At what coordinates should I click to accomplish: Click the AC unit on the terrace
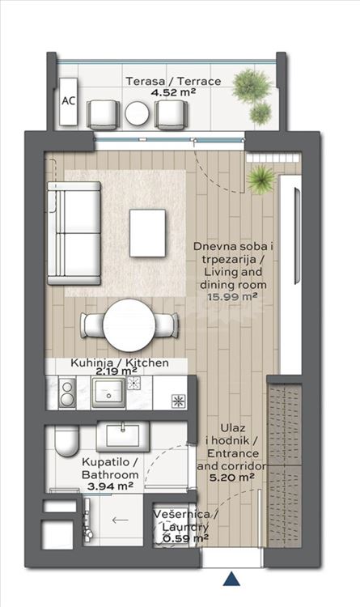click(x=69, y=101)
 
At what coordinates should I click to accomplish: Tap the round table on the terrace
click(x=137, y=113)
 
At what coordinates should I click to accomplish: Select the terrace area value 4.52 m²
click(x=172, y=92)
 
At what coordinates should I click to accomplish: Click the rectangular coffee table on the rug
click(x=147, y=233)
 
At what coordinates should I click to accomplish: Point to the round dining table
click(x=129, y=325)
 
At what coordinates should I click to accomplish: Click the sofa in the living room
click(x=74, y=233)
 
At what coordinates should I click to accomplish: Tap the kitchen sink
click(x=108, y=393)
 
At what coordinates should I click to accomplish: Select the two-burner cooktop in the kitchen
click(x=67, y=393)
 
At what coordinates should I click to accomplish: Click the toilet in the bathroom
click(x=66, y=441)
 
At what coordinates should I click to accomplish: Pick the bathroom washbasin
click(x=123, y=436)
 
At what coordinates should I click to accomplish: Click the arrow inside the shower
click(x=120, y=520)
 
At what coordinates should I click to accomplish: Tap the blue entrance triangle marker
click(x=231, y=579)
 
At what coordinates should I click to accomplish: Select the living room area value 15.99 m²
click(x=233, y=297)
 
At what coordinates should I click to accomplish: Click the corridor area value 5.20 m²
click(x=232, y=478)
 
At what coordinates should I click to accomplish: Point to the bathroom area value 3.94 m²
click(x=110, y=486)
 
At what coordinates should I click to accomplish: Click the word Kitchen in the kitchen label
click(x=148, y=363)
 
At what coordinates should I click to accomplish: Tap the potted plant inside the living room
click(x=261, y=180)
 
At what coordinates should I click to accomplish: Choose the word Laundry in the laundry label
click(x=185, y=527)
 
